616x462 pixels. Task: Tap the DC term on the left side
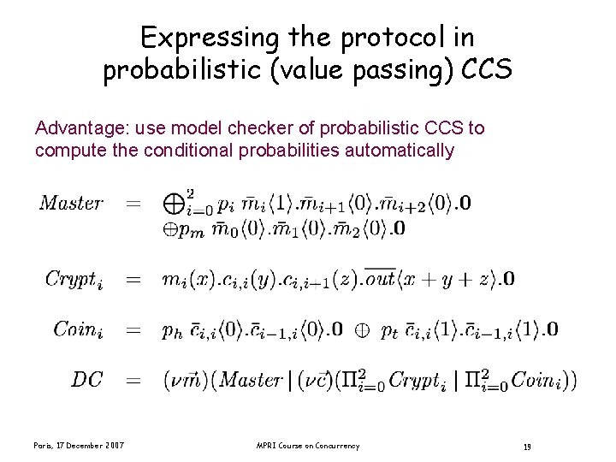(88, 380)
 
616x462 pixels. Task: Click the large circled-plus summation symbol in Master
(174, 204)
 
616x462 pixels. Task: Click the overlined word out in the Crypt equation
(380, 279)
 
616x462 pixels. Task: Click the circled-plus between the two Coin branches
(362, 329)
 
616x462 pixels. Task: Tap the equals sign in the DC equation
(134, 380)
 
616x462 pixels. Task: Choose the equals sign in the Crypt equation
(134, 280)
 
